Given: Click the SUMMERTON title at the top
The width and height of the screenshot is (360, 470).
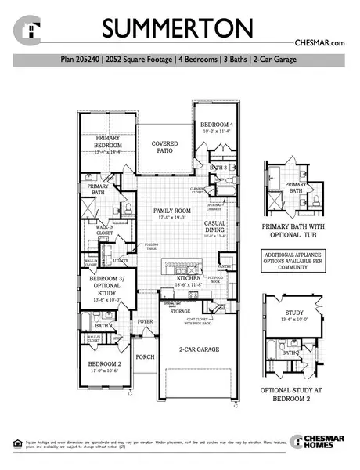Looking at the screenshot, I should (x=179, y=29).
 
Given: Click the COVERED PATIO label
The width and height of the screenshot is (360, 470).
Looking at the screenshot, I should (x=165, y=147).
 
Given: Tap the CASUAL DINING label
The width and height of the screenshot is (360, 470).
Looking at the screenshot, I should (x=215, y=226).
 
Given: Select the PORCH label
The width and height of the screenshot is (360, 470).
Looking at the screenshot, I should (x=146, y=357).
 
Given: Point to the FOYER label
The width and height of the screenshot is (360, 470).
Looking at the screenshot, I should (x=146, y=321).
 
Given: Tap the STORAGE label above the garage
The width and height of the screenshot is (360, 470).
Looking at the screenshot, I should (x=181, y=311).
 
